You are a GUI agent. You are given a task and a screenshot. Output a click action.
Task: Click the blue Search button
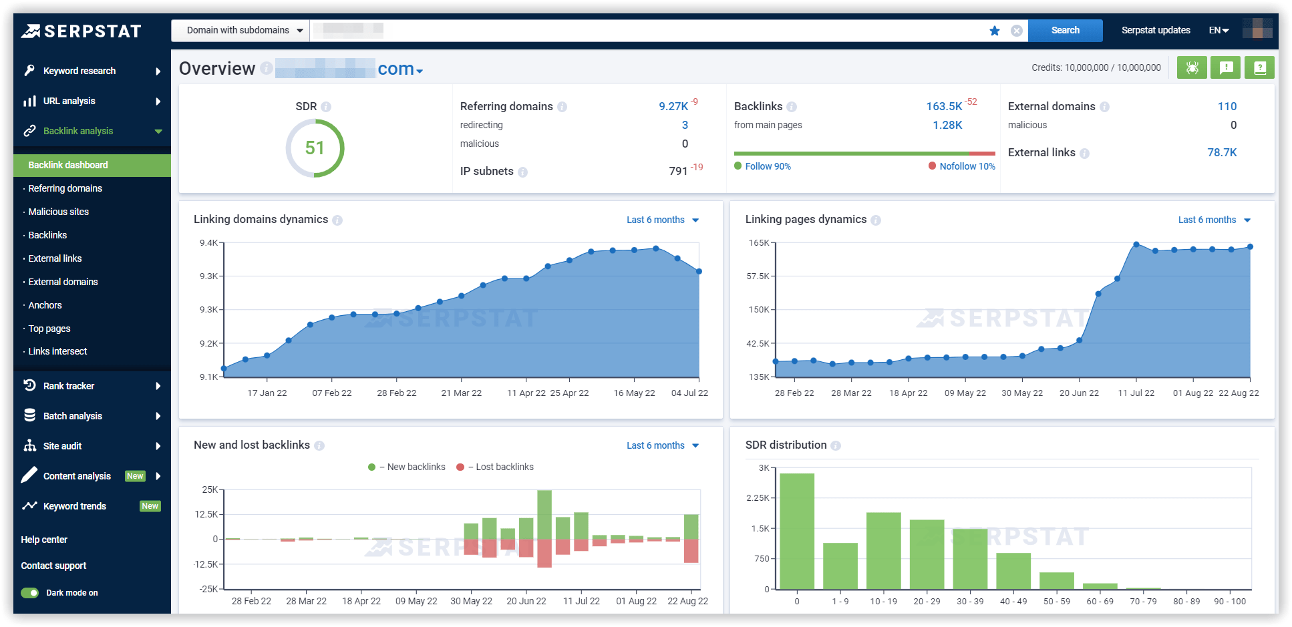pyautogui.click(x=1065, y=30)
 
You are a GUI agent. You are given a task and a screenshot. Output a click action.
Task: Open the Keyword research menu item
pyautogui.click(x=79, y=71)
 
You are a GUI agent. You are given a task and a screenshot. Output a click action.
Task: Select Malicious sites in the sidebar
pyautogui.click(x=58, y=212)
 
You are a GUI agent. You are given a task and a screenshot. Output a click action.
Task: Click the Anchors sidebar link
pyautogui.click(x=45, y=305)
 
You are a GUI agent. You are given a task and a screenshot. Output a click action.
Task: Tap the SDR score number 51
pyautogui.click(x=315, y=148)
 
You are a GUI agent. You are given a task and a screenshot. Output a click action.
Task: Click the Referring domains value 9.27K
pyautogui.click(x=673, y=106)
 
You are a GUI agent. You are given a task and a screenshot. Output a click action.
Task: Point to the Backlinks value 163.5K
pyautogui.click(x=943, y=106)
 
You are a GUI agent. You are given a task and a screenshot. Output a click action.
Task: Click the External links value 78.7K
pyautogui.click(x=1222, y=152)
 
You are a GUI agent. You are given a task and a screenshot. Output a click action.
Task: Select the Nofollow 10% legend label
pyautogui.click(x=967, y=166)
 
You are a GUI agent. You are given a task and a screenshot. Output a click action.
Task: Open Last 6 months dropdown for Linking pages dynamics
pyautogui.click(x=1213, y=220)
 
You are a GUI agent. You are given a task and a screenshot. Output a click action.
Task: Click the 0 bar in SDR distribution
pyautogui.click(x=797, y=531)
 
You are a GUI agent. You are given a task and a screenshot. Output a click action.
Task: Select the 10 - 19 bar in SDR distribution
pyautogui.click(x=883, y=550)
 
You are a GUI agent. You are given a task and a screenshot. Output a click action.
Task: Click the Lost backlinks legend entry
pyautogui.click(x=504, y=467)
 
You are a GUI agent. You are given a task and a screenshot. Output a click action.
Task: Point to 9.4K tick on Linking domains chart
pyautogui.click(x=208, y=242)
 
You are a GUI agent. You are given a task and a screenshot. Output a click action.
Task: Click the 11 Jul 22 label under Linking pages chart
pyautogui.click(x=1136, y=393)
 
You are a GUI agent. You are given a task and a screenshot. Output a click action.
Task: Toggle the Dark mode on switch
pyautogui.click(x=30, y=593)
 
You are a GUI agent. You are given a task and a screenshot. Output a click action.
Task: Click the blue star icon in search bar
pyautogui.click(x=994, y=31)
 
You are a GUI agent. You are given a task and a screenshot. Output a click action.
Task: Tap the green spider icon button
pyautogui.click(x=1192, y=67)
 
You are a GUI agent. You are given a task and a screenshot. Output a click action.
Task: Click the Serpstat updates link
pyautogui.click(x=1155, y=30)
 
